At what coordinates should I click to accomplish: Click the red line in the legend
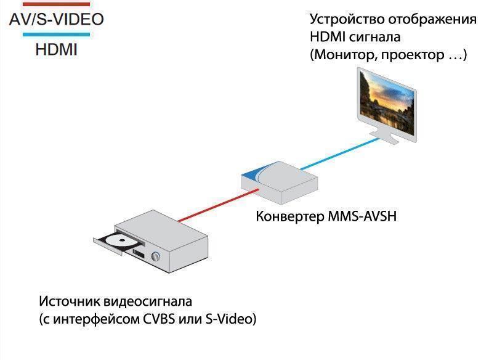(x=56, y=4)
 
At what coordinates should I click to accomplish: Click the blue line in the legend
(x=56, y=35)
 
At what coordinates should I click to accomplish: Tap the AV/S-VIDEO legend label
(x=57, y=19)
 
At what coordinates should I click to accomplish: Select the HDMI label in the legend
(x=57, y=50)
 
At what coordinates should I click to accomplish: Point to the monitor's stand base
(x=384, y=137)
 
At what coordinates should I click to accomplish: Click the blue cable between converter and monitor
(x=339, y=154)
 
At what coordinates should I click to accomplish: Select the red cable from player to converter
(x=218, y=205)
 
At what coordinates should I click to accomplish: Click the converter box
(x=280, y=182)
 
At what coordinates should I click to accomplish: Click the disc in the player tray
(x=122, y=240)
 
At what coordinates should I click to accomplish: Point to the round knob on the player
(x=155, y=256)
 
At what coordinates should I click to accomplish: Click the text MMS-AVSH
(x=362, y=216)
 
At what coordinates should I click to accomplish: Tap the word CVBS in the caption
(x=159, y=319)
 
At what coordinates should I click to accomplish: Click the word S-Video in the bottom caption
(x=229, y=319)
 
